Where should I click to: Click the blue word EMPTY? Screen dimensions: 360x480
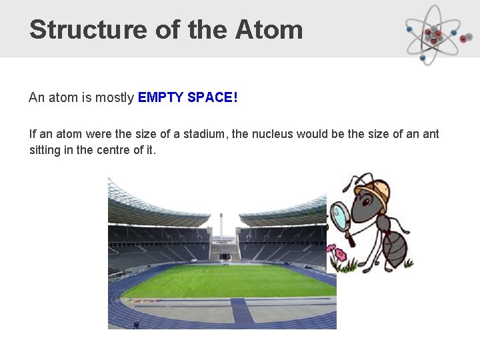(x=161, y=98)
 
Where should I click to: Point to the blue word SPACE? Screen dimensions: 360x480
(x=213, y=98)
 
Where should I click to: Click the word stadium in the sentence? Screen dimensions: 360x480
(x=202, y=134)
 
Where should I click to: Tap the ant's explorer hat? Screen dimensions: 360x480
(x=372, y=187)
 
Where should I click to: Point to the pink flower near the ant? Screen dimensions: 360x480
(x=340, y=254)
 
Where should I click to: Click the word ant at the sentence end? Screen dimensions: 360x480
(x=431, y=134)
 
